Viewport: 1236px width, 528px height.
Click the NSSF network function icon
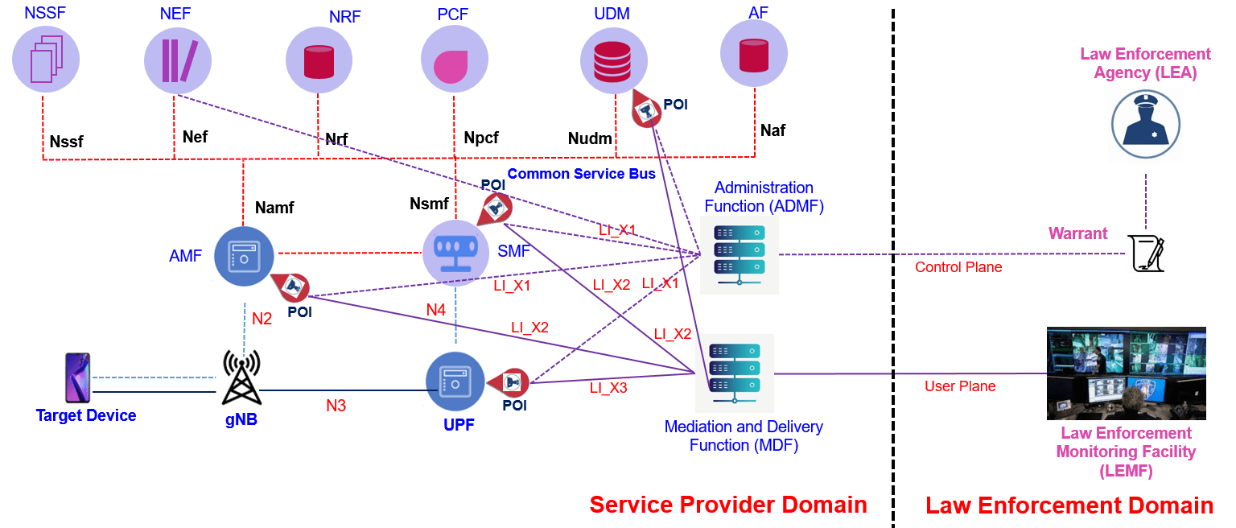pos(45,57)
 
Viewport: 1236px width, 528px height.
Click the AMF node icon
pos(244,256)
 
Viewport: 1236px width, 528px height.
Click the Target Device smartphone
pos(77,377)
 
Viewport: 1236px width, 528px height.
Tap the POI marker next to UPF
pos(510,382)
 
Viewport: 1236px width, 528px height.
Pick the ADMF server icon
pos(739,254)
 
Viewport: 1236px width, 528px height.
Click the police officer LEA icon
pos(1145,125)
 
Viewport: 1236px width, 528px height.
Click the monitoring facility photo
pos(1126,373)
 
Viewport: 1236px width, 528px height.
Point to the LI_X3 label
pos(608,387)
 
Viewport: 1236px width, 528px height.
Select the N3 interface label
pos(336,406)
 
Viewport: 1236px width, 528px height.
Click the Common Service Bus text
pos(581,173)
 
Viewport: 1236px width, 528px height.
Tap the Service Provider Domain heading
pos(727,505)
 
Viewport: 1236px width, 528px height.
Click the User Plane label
pos(959,386)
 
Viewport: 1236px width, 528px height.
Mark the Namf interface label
pos(274,208)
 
